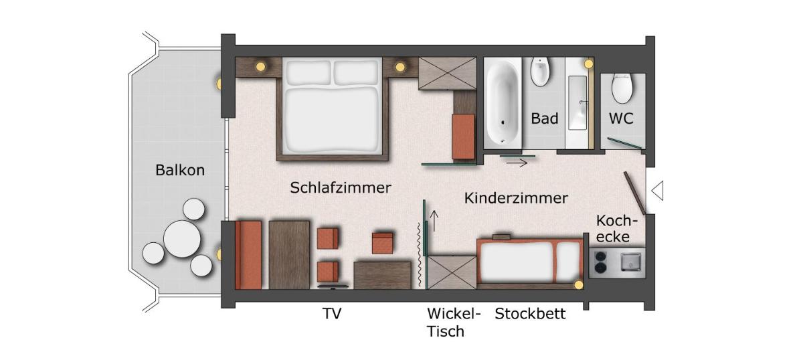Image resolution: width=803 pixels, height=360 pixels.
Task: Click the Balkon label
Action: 180,170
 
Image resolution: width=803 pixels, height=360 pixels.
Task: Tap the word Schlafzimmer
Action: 341,187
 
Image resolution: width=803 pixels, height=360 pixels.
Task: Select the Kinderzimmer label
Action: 516,198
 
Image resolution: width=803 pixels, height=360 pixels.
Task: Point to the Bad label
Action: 545,118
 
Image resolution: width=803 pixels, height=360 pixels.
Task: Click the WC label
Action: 621,118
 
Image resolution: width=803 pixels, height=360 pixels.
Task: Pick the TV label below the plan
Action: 332,313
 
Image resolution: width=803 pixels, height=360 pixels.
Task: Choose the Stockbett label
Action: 530,314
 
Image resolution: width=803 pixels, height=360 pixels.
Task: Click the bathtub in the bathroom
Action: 503,102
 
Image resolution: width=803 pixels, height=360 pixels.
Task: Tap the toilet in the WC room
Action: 622,88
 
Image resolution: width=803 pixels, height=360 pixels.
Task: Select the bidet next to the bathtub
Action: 541,72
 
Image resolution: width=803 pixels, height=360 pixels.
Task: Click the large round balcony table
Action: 182,239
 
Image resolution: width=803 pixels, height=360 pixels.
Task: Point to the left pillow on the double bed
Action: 308,72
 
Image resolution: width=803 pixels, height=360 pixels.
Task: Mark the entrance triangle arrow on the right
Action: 657,191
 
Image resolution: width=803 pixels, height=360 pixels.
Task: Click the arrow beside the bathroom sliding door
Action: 517,163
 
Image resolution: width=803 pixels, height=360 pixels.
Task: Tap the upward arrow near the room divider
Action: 434,221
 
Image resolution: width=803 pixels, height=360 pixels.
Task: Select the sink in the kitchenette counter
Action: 630,262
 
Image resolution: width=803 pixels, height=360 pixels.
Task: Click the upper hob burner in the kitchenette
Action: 601,256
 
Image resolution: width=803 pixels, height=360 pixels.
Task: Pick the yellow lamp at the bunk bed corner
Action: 578,285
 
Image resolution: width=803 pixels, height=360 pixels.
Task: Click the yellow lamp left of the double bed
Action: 260,66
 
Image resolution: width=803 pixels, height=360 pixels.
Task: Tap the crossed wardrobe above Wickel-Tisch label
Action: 452,272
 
